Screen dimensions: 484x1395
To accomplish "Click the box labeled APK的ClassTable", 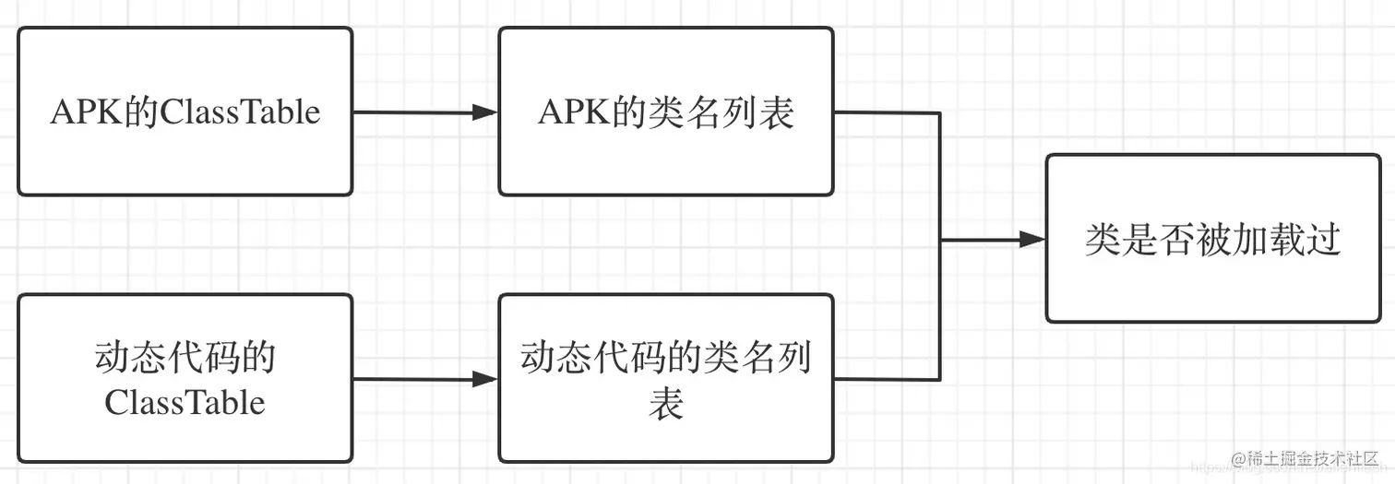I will tap(185, 112).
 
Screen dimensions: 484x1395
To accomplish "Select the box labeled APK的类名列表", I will tap(665, 112).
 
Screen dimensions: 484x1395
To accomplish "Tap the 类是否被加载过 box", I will tap(1212, 240).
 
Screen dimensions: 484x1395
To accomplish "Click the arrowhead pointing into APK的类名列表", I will tap(485, 112).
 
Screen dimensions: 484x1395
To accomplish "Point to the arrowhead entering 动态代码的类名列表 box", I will tap(485, 379).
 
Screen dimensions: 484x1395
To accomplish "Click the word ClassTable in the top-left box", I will tap(240, 112).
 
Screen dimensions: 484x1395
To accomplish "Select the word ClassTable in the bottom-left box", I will tap(185, 402).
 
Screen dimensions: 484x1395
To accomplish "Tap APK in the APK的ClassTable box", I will tap(83, 112).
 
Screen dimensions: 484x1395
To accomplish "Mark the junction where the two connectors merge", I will tap(940, 240).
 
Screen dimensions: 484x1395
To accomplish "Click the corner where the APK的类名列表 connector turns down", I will tap(940, 113).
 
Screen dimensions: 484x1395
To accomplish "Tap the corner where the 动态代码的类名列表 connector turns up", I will tap(940, 379).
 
